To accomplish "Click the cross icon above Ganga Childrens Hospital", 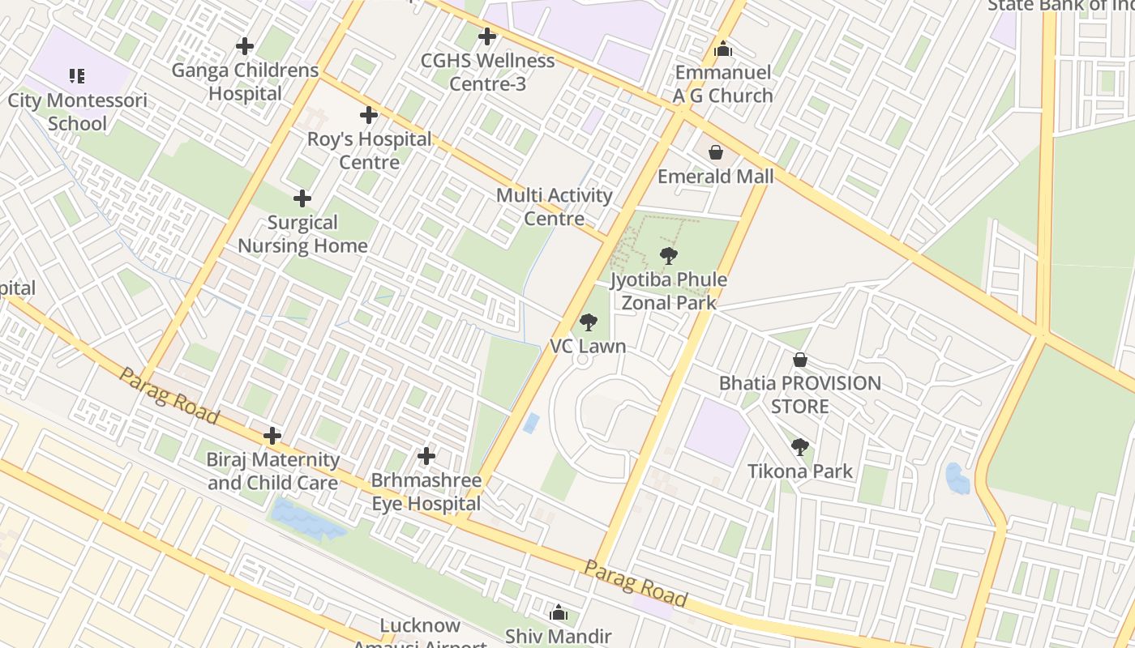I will point(244,46).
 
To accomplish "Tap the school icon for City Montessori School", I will point(77,77).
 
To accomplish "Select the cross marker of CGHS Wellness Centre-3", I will point(486,36).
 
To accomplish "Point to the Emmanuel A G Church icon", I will point(723,49).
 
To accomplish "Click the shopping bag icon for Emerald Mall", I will point(716,152).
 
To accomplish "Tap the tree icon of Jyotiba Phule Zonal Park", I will point(669,256).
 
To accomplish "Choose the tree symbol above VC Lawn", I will point(589,323).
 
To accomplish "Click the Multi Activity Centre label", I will point(555,207).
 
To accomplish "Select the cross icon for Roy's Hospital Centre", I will point(369,115).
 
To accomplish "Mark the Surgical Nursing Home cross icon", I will point(302,198).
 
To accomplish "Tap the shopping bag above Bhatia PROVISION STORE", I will point(800,360).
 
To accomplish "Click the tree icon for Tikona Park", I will point(800,447).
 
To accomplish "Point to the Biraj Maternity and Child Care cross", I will point(272,437).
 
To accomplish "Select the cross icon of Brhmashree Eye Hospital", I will point(426,457).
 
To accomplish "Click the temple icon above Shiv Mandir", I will point(559,613).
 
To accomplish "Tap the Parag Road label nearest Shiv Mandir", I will point(636,583).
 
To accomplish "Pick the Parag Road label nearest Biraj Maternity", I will point(169,395).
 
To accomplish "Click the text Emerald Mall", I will point(715,177).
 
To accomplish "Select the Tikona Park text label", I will point(800,471).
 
